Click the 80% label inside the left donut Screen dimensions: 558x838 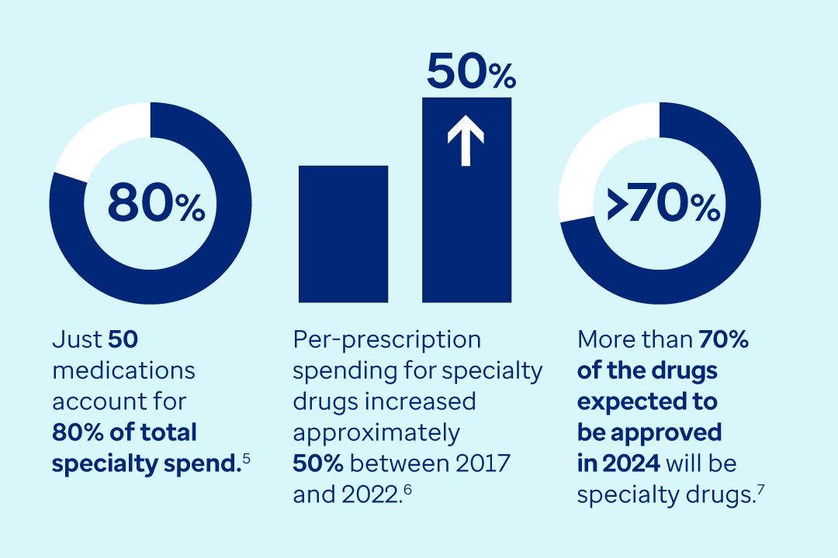point(155,203)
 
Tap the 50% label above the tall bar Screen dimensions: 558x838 point(470,73)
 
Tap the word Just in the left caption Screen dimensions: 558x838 point(77,339)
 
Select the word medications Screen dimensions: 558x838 point(123,370)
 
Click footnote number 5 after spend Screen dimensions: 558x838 point(246,460)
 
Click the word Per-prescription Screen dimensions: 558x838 point(386,339)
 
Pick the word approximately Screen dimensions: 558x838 point(376,432)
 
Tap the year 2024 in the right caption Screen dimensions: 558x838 point(630,463)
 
